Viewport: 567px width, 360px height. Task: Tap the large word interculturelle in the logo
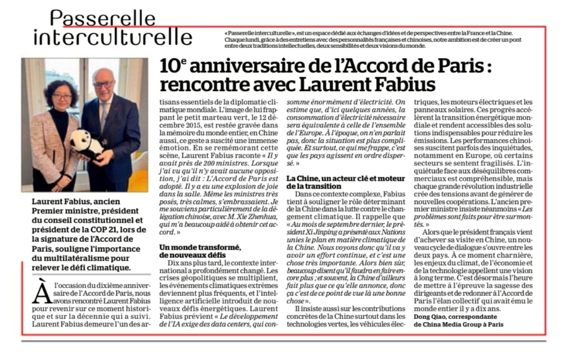tap(113, 37)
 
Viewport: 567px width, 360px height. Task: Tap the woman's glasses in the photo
tap(61, 96)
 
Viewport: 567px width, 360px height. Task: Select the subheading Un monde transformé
tap(199, 248)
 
